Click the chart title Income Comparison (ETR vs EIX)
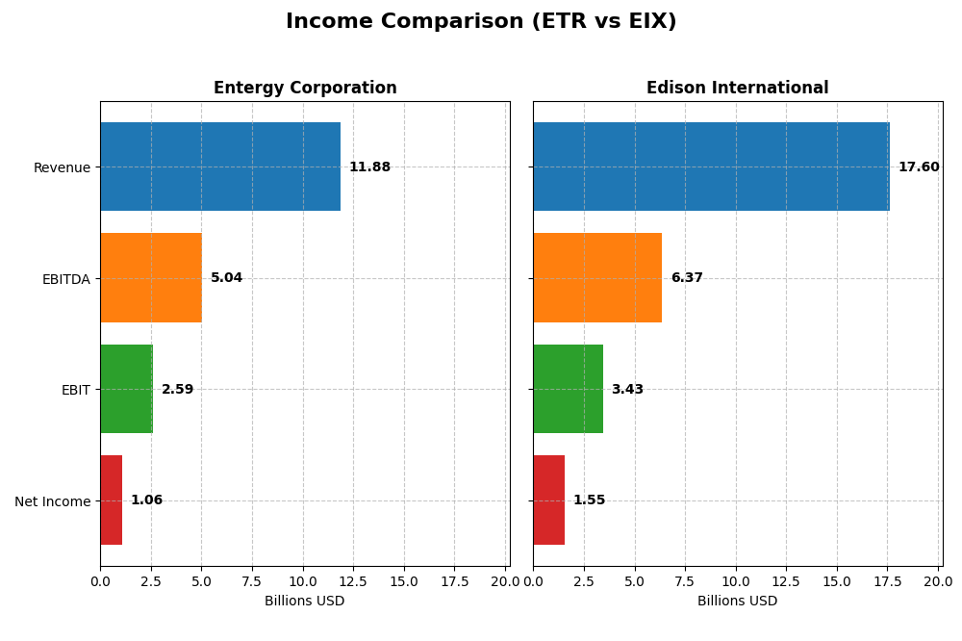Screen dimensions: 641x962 (481, 21)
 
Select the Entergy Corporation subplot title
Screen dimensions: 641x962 (305, 88)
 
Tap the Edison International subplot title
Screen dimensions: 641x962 (737, 88)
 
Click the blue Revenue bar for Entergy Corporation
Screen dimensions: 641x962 (220, 167)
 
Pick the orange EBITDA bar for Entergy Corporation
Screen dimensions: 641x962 (151, 278)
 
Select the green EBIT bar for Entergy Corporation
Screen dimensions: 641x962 (126, 389)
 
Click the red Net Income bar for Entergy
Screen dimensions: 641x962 (111, 500)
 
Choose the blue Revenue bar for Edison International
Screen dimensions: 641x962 (711, 167)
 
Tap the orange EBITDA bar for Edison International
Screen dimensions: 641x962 (597, 278)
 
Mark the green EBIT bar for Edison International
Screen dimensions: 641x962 (568, 389)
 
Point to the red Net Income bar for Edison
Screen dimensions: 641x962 (548, 500)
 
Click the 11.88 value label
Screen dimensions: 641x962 (369, 167)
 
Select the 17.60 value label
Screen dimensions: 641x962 (919, 167)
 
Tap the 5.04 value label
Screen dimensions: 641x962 (227, 278)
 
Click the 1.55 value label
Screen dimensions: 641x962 (589, 500)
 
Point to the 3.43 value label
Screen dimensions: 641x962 (627, 390)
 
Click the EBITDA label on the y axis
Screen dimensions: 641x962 (65, 279)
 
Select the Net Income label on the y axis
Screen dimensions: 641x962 (52, 501)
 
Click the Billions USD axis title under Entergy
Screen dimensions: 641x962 (304, 602)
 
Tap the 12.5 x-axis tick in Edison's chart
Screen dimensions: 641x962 (786, 581)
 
